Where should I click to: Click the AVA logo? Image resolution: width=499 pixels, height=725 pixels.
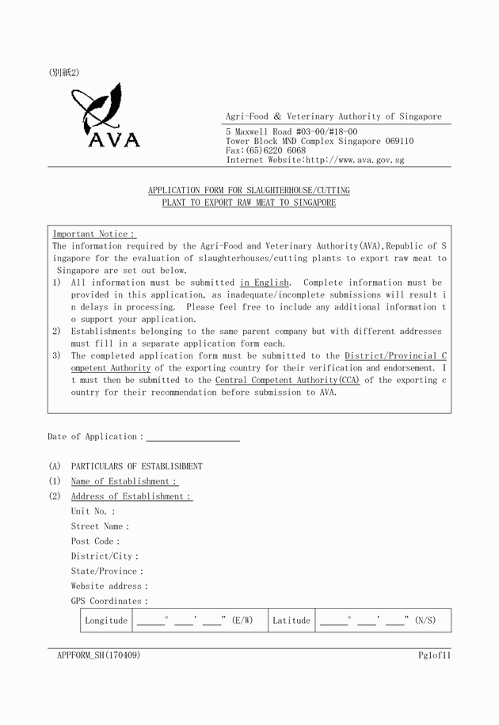[105, 116]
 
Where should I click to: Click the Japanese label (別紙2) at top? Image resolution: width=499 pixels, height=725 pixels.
[64, 73]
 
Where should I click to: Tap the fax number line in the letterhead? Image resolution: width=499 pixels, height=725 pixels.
[265, 150]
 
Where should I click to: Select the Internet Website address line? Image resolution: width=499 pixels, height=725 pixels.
[315, 160]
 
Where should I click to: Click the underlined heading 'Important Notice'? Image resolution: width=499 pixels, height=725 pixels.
[93, 234]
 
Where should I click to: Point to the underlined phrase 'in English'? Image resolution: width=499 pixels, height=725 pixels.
[265, 283]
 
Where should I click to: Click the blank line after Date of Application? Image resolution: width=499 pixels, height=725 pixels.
[192, 437]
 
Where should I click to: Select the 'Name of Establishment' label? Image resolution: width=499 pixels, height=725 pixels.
[124, 481]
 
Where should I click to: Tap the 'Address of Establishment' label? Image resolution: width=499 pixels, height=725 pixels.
[131, 496]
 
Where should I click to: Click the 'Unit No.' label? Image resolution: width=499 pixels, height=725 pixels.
[92, 511]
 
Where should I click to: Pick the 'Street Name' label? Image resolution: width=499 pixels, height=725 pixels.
[100, 526]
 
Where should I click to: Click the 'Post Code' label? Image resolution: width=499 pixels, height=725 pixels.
[95, 541]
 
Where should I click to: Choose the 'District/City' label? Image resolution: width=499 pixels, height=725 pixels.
[104, 556]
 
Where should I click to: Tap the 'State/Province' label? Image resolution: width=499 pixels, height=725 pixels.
[107, 571]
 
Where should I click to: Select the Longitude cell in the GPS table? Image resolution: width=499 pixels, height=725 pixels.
[106, 621]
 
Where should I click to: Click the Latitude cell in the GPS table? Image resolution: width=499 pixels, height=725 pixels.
[291, 621]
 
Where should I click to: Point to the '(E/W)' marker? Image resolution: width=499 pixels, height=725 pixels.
[242, 621]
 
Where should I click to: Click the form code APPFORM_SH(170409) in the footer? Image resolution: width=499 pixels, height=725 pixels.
[98, 655]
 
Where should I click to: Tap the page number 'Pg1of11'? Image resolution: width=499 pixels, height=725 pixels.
[435, 655]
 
